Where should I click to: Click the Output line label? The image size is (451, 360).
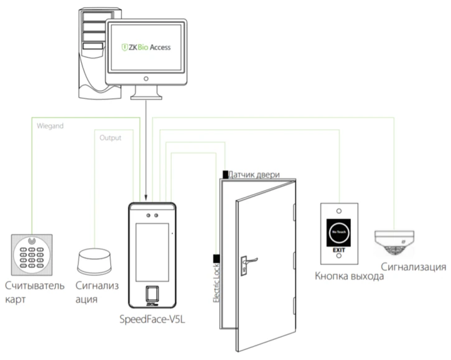click(x=110, y=138)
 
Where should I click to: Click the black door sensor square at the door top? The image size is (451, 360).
click(x=225, y=173)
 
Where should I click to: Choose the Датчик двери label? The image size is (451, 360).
click(x=254, y=174)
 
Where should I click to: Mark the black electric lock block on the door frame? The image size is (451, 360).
click(x=217, y=258)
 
